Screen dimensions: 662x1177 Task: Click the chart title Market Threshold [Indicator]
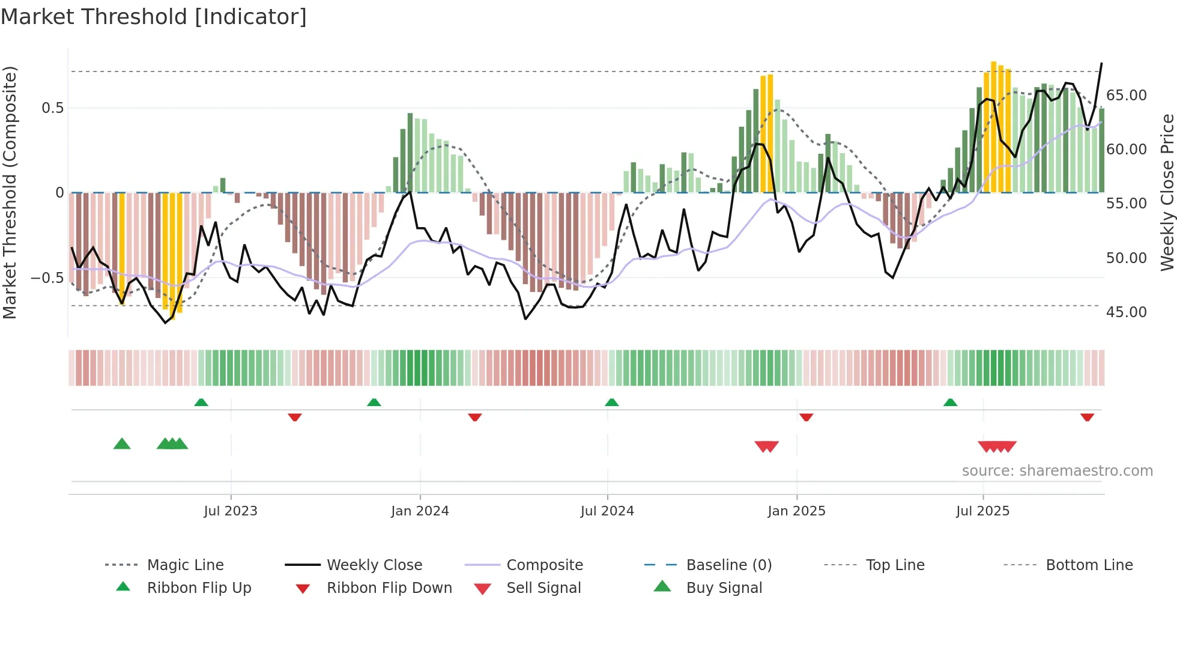(x=154, y=17)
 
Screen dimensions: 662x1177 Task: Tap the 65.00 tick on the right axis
(x=1126, y=96)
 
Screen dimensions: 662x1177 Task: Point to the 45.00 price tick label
(x=1126, y=312)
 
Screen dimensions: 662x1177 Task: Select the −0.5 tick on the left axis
(x=47, y=278)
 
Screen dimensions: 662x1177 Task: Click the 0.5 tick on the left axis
(x=52, y=108)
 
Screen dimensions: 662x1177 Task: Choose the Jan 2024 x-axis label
(x=420, y=511)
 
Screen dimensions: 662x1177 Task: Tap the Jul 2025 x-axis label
(x=982, y=511)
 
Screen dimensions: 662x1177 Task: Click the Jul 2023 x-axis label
(x=231, y=511)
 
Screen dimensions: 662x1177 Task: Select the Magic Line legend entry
(x=185, y=565)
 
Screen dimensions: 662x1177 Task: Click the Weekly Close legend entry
(x=374, y=565)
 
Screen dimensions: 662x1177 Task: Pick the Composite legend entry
(x=544, y=565)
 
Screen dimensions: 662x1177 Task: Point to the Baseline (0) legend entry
(x=728, y=565)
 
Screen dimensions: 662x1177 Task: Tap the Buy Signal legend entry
(x=724, y=588)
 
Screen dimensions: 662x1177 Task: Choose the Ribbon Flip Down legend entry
(x=389, y=588)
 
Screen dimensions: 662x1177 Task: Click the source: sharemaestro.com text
(x=1057, y=471)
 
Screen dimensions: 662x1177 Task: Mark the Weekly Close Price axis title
(x=1167, y=192)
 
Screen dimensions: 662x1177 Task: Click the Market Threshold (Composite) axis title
(x=10, y=192)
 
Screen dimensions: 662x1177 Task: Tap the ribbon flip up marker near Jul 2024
(x=611, y=402)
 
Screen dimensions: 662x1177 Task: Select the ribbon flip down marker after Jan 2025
(x=806, y=417)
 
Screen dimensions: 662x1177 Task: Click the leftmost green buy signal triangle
(x=122, y=444)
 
